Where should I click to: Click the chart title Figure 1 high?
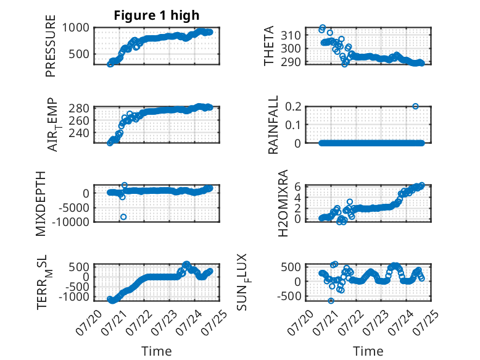157,15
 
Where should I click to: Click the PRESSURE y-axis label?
51,46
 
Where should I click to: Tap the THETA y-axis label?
268,46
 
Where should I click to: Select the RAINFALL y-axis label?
273,124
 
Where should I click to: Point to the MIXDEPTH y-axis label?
40,204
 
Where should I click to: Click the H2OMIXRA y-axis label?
283,203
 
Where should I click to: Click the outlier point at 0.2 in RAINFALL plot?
415,106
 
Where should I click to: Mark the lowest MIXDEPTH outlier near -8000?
123,217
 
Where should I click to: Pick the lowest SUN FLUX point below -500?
331,301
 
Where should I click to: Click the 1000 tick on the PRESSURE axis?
76,28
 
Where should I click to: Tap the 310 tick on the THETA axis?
291,35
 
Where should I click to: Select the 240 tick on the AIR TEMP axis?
79,133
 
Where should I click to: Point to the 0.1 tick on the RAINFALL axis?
293,125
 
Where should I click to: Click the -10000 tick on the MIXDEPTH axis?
70,222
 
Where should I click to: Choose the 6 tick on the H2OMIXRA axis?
297,186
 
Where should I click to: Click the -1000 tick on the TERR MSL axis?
74,296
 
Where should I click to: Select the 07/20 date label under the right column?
300,322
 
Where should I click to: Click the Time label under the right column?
368,351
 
